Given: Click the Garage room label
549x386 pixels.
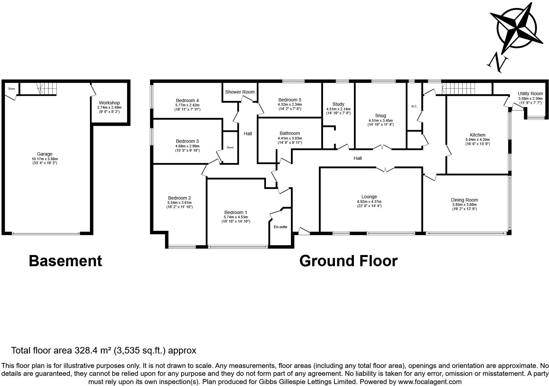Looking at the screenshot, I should click(x=45, y=154).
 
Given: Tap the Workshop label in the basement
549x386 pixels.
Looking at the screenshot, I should click(x=109, y=103).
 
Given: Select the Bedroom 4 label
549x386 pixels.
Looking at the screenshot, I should click(x=187, y=100).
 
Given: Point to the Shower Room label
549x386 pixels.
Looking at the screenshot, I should click(x=240, y=92).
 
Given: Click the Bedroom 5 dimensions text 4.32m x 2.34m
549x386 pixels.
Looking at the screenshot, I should click(x=290, y=104).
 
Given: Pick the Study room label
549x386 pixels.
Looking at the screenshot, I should click(x=338, y=104).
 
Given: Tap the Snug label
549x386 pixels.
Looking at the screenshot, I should click(x=381, y=116).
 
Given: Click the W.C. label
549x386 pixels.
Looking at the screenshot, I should click(x=414, y=106).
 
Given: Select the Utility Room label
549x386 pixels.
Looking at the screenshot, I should click(x=530, y=94).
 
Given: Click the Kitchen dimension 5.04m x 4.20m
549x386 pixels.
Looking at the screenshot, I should click(x=477, y=139).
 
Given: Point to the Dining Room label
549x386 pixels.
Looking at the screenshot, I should click(x=464, y=200).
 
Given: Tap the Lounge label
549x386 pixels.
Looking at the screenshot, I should click(x=369, y=197).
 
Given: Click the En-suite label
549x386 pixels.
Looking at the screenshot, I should click(x=280, y=227).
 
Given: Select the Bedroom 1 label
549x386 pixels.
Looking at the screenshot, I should click(x=236, y=212).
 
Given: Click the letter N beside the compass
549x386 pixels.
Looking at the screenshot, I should click(x=496, y=63).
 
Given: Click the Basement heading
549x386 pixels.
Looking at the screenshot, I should click(x=65, y=261).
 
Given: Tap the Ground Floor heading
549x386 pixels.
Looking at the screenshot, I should click(x=348, y=261).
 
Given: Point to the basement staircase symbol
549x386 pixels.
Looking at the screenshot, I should click(x=46, y=88).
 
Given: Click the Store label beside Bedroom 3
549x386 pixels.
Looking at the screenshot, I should click(x=230, y=147).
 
